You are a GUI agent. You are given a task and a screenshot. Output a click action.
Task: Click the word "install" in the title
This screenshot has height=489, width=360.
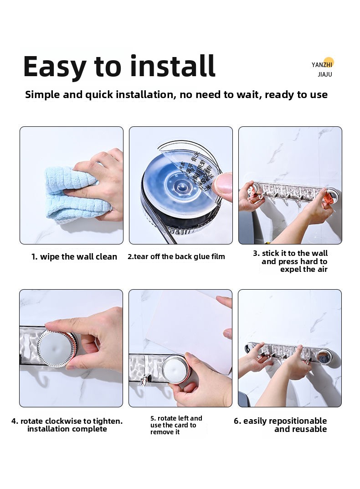point(173,66)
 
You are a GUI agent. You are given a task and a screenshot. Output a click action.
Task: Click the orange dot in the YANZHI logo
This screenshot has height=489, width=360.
point(329,62)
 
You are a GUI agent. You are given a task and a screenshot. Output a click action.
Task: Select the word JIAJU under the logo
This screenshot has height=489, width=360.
point(325,74)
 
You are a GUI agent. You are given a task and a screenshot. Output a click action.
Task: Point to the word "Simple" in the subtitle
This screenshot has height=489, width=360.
point(42,95)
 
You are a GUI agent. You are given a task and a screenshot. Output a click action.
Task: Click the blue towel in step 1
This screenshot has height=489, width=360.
point(75,194)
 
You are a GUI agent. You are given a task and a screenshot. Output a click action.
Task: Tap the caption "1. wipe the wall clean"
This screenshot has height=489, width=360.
point(74,257)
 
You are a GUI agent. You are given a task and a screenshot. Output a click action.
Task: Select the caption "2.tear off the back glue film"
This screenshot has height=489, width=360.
point(176,257)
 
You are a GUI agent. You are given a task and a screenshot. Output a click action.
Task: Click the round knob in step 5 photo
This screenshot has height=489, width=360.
point(175,369)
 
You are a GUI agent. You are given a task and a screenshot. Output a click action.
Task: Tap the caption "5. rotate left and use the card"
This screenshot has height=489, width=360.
point(176,425)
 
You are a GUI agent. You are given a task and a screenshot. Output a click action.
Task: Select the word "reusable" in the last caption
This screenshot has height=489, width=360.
point(309,429)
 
